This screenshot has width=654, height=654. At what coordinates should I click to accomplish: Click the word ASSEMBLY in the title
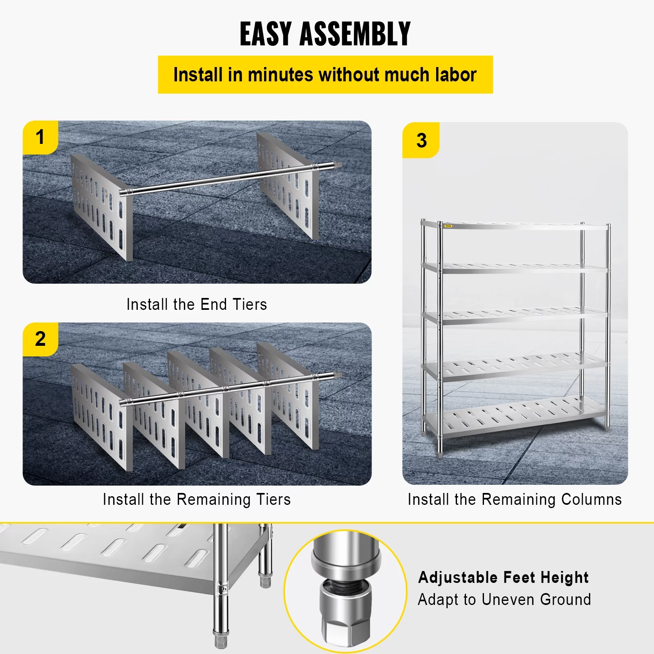coord(355,34)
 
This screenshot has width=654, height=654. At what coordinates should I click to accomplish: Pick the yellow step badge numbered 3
coord(421,141)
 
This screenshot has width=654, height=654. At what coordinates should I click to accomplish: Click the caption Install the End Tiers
coord(197,305)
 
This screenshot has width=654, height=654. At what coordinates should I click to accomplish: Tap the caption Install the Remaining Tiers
coord(197,499)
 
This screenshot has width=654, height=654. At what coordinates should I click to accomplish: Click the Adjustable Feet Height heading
coord(503,578)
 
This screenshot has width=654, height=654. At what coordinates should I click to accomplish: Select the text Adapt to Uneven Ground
coord(504,600)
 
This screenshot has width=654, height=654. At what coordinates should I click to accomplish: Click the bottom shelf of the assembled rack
coord(515,417)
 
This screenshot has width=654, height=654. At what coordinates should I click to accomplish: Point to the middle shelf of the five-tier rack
coord(515,316)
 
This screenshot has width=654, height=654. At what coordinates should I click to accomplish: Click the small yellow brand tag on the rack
coord(448,226)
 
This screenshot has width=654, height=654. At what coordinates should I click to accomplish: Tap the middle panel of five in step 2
coord(200,405)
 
